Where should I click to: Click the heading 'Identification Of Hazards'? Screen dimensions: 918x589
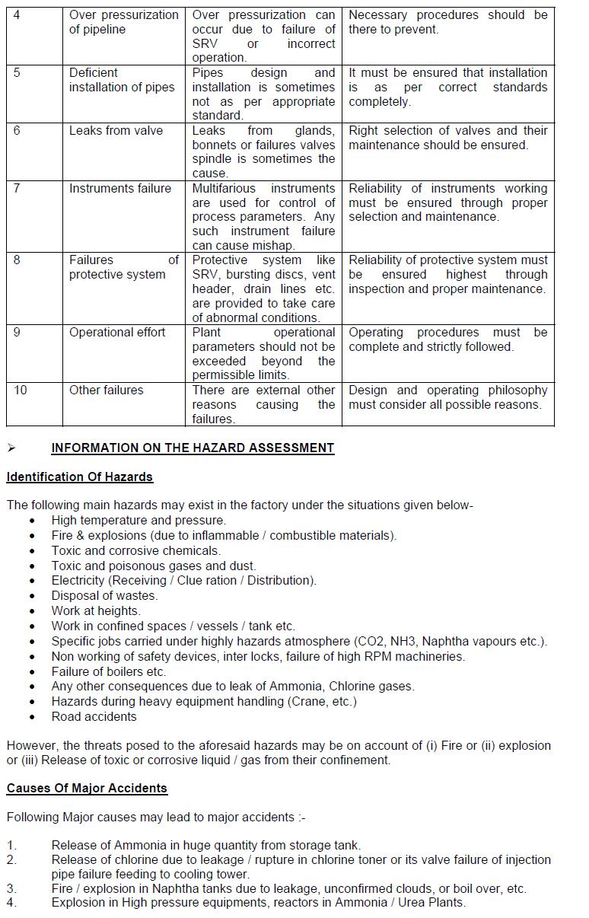point(80,477)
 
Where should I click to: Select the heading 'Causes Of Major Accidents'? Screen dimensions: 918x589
point(87,788)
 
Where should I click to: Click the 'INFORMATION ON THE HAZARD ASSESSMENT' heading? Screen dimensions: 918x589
point(193,448)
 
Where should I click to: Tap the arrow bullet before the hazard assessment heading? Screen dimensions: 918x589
point(11,448)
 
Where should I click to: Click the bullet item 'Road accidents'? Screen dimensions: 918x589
point(94,716)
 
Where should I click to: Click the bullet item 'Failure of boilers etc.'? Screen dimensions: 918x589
point(109,671)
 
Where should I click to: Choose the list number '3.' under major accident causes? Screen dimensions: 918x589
point(11,888)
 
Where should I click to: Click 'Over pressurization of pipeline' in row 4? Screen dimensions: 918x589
point(123,22)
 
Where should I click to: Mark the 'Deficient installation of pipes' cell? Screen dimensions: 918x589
point(122,80)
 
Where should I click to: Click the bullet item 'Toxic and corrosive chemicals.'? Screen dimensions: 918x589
point(136,550)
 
